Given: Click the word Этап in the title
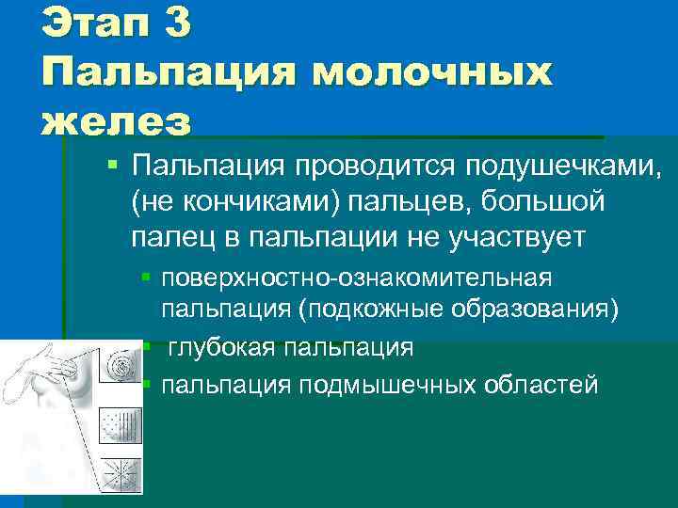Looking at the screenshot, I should [x=89, y=24].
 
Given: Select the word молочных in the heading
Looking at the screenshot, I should [x=434, y=73].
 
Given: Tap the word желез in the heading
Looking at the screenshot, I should [x=116, y=121].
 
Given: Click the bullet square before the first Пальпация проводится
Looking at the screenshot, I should [x=112, y=166].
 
